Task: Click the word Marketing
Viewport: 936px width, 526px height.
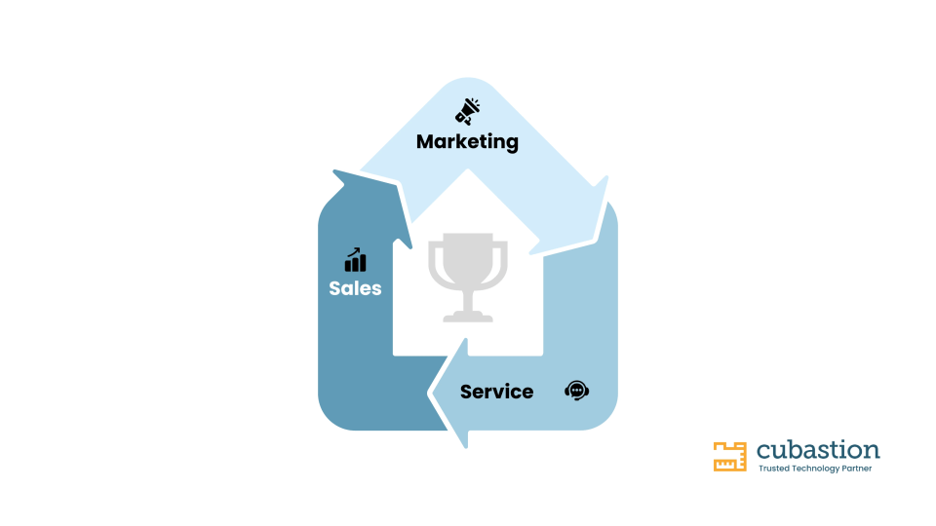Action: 467,142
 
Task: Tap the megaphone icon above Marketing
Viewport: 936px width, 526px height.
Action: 467,111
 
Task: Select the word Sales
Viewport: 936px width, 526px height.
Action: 355,288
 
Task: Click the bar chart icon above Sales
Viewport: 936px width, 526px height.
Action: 355,260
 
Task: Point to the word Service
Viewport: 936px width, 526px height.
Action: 496,392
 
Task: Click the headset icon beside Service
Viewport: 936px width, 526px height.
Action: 576,391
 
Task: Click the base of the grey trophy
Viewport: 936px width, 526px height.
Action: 468,317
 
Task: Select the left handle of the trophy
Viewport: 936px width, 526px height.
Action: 436,262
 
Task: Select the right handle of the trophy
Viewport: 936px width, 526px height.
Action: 500,262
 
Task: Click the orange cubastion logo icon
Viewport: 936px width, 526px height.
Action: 729,457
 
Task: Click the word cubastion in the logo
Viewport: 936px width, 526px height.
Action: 818,450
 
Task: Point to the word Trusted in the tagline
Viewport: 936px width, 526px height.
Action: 773,469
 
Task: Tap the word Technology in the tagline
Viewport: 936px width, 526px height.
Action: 815,469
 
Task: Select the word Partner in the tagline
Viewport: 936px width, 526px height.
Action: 857,469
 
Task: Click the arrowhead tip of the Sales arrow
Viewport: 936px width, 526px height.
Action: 333,171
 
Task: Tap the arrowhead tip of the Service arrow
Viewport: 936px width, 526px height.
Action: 430,394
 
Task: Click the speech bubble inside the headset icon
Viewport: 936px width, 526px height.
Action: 576,390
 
